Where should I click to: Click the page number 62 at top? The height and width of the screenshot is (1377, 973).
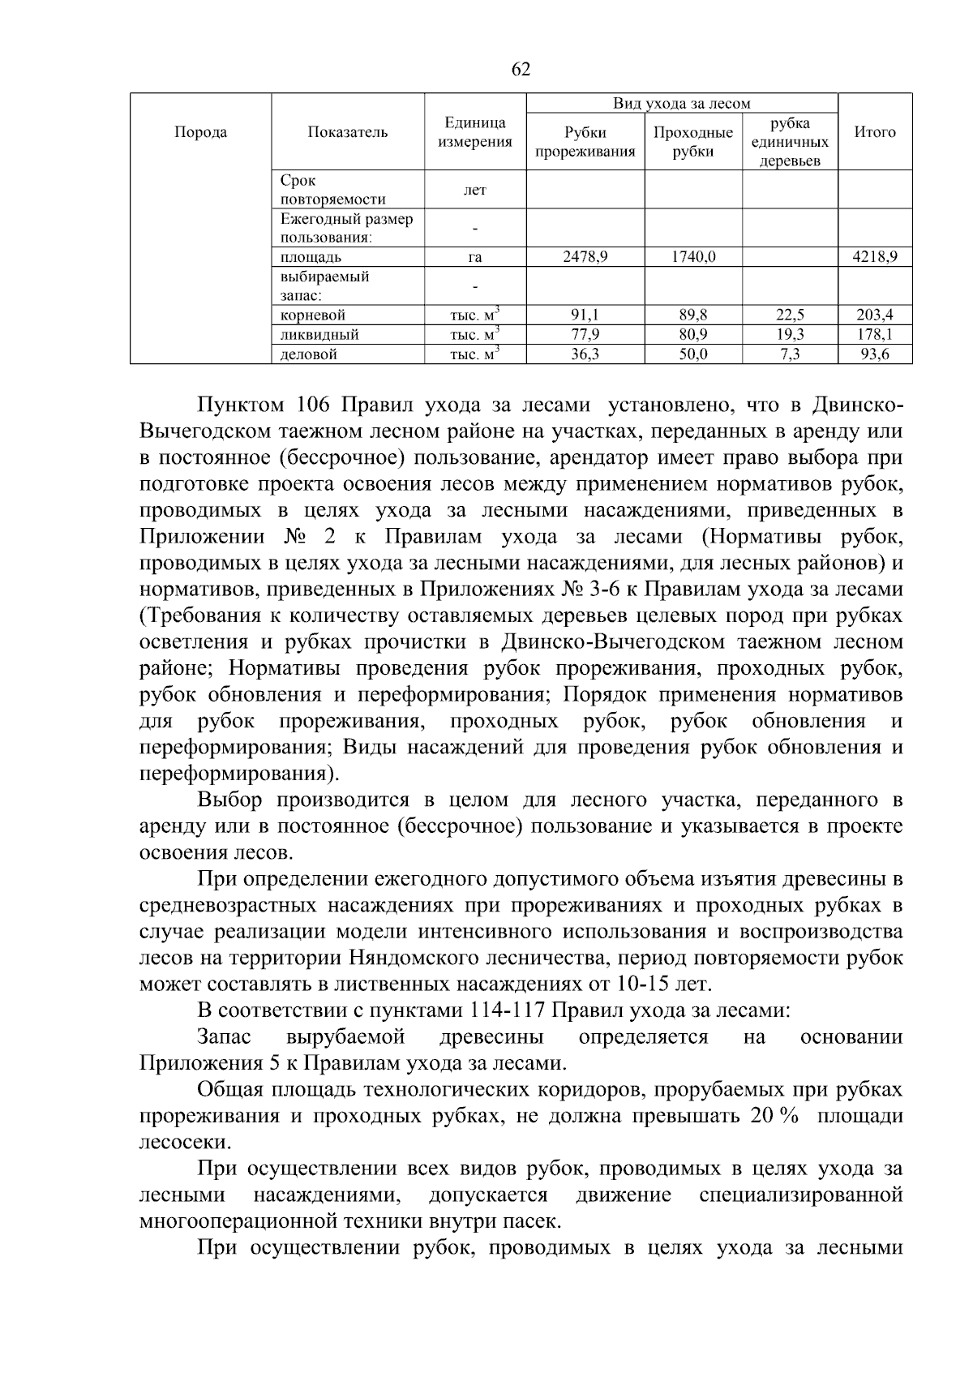521,70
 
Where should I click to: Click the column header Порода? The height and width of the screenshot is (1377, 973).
200,132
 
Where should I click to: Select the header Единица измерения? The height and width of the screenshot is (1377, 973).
475,132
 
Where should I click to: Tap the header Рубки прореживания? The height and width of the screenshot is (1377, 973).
585,142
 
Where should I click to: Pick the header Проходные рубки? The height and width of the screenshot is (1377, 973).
693,142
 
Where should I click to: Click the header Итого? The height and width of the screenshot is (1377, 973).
875,132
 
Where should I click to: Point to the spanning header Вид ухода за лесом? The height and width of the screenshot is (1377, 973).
681,103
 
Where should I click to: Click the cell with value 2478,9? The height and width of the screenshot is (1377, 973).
585,257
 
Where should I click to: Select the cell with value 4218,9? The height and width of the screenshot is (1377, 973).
875,257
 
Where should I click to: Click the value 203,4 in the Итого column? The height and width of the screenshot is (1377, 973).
875,315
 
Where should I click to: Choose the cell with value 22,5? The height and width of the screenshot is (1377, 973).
790,315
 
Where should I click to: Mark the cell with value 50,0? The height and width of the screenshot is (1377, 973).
693,354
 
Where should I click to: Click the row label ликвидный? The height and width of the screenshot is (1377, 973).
319,335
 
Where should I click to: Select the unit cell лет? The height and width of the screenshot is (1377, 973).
475,191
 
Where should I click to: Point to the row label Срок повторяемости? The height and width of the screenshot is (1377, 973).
332,191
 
